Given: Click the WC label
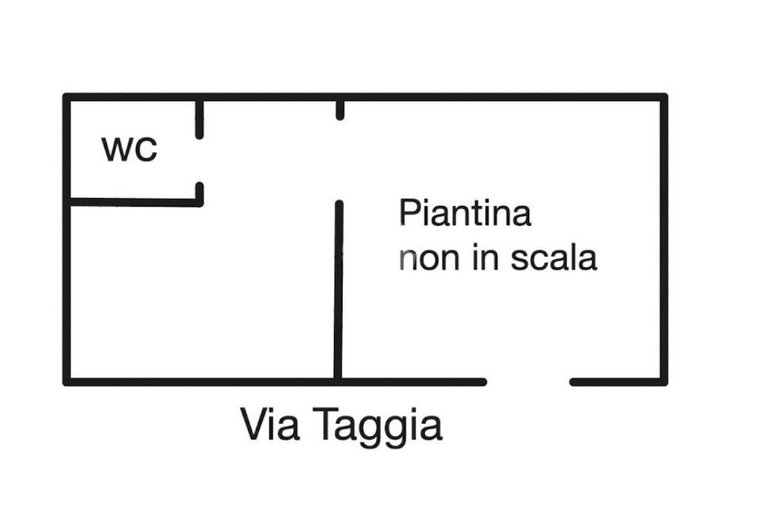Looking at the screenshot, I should pos(130,149).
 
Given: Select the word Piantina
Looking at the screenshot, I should pos(465,213).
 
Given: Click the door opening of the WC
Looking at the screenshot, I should pos(199,161).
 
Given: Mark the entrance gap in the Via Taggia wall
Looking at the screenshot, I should pos(528,382).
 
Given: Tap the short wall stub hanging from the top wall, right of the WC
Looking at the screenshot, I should pos(340,110).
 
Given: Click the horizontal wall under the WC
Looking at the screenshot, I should pos(133,202).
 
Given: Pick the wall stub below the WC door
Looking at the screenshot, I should pos(199,193).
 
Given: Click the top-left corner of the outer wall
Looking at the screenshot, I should pos(67,97).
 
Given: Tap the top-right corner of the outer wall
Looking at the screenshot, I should pos(664,97).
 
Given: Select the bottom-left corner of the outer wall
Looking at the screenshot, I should pos(67,382).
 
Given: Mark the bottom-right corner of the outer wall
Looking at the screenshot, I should pos(664,382).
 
